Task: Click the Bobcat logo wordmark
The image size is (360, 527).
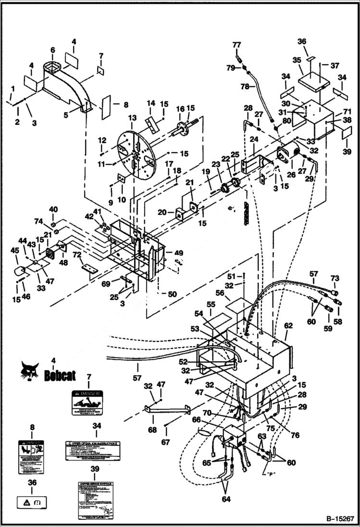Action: click(x=60, y=375)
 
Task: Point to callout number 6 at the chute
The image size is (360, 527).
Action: click(x=52, y=50)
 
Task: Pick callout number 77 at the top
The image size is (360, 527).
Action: click(x=236, y=45)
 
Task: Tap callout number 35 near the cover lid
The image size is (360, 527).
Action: click(x=297, y=61)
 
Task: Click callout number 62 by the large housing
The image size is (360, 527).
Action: click(x=288, y=325)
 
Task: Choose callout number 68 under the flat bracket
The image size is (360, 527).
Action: click(x=153, y=429)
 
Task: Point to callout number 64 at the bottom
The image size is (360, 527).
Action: click(x=226, y=499)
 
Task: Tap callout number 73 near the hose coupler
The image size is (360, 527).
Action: click(x=335, y=278)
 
